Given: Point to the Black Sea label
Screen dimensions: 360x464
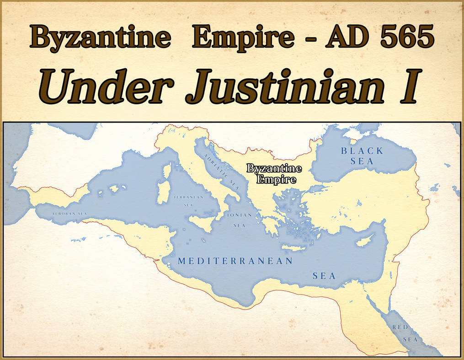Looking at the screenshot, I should tap(363, 156).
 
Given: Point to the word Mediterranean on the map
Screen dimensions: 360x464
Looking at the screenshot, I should tap(235, 261).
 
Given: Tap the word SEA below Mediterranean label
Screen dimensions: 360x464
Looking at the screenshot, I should tap(324, 276).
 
